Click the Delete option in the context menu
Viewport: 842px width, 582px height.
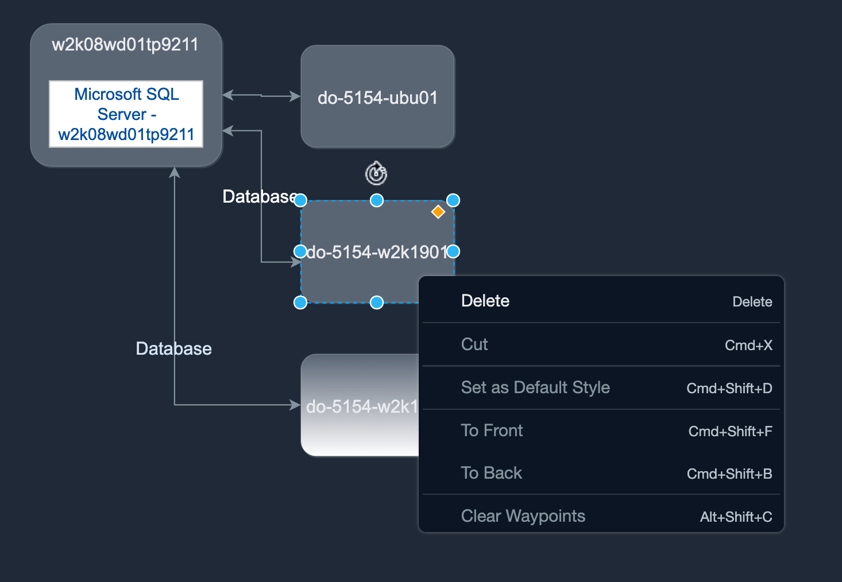(x=485, y=301)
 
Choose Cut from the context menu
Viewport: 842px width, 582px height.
(x=474, y=344)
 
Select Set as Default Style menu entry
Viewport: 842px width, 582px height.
(x=535, y=387)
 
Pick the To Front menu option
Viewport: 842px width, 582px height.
(x=492, y=430)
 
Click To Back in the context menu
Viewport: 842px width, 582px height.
(x=492, y=473)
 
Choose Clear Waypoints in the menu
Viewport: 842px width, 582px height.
(x=523, y=516)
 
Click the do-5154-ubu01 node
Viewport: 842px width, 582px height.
(x=377, y=98)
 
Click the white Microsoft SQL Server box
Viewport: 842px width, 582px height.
(x=126, y=114)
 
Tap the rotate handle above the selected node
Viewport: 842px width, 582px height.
(x=376, y=173)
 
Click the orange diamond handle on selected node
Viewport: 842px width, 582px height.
(x=438, y=212)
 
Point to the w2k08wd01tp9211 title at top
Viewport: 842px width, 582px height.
(x=125, y=45)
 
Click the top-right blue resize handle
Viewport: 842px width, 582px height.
(x=453, y=200)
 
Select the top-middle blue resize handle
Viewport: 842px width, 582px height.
(x=377, y=200)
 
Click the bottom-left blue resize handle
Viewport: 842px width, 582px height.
(x=300, y=302)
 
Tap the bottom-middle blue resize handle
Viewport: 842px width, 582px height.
(x=377, y=302)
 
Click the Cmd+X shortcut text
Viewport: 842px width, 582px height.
(x=748, y=345)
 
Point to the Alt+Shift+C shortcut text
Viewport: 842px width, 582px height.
(x=736, y=517)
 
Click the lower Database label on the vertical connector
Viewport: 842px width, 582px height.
(x=173, y=348)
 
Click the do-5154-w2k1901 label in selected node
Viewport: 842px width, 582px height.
(x=376, y=252)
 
